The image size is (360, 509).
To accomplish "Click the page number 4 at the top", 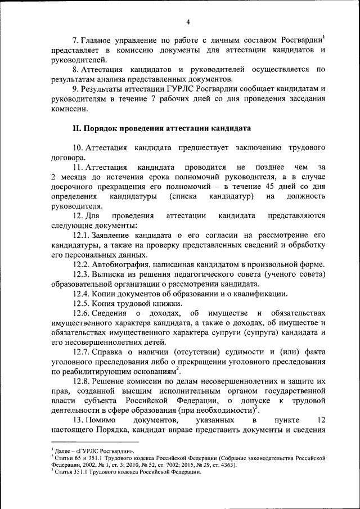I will pos(188,21).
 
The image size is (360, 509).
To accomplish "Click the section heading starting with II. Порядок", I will pos(161,128).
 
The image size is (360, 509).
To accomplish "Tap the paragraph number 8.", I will pos(76,69).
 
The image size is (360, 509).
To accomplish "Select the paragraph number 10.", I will pos(78,147).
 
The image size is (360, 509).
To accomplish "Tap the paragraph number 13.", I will pos(78,421).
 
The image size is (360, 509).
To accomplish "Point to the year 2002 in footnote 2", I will pos(85,465).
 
